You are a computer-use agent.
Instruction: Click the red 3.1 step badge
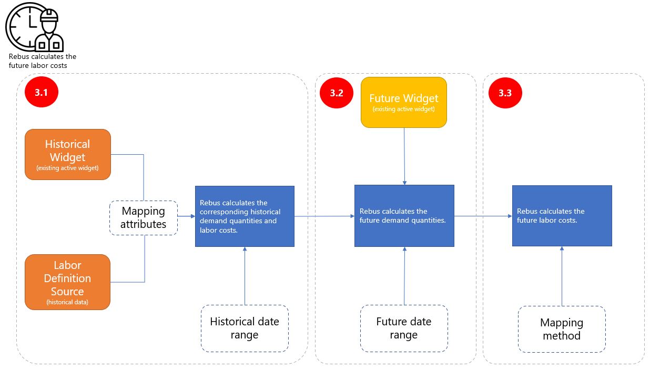point(41,93)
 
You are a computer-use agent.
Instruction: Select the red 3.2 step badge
point(337,93)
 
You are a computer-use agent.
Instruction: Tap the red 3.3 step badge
point(505,93)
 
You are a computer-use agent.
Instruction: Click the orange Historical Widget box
point(68,154)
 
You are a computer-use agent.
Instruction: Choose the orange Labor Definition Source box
point(68,282)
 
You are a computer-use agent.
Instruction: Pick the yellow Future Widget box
point(403,102)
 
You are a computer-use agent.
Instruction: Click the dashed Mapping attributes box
point(143,217)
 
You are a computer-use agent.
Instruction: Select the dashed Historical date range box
point(245,328)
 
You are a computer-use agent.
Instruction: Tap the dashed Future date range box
point(403,328)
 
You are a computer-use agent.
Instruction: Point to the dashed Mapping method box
point(561,329)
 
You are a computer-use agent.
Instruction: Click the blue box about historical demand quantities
point(245,216)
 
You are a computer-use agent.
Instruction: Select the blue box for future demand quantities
point(404,216)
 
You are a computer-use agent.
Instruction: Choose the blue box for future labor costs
point(562,216)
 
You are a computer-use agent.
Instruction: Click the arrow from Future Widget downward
point(404,156)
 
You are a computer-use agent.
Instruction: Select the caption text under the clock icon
point(42,61)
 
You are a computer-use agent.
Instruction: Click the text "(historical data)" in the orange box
point(67,302)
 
